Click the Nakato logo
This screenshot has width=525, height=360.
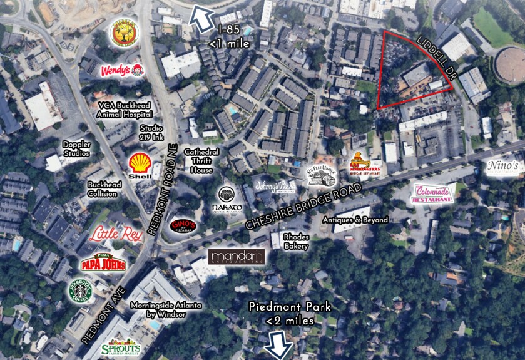point(230,200)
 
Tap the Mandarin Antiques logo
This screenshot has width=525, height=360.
point(237,257)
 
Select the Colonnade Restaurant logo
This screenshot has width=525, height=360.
point(432,194)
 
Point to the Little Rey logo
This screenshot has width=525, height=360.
point(111,235)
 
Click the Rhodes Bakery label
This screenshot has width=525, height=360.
point(296,242)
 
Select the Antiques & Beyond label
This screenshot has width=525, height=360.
point(355,220)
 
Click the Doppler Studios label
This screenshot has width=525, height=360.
point(76,148)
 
